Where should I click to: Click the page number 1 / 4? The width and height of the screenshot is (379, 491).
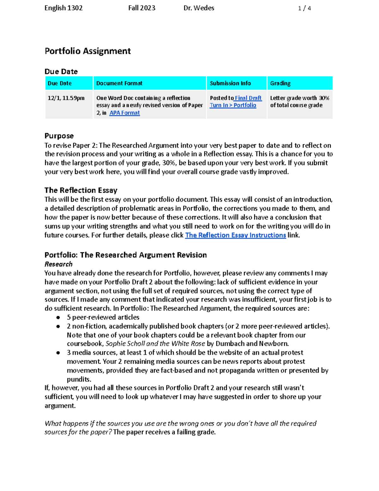(x=304, y=9)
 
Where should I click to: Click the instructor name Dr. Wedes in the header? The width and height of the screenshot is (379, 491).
(x=199, y=8)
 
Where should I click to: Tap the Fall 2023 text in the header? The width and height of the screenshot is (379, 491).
(x=142, y=8)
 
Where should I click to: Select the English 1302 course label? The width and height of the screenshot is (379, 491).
(x=63, y=8)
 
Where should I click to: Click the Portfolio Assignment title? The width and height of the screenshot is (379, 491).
(x=87, y=51)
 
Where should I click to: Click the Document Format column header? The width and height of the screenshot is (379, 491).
(x=119, y=83)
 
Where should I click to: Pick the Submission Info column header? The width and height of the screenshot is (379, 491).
(x=230, y=83)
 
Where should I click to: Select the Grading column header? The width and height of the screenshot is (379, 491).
(x=280, y=83)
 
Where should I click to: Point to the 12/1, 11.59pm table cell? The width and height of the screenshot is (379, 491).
(x=66, y=98)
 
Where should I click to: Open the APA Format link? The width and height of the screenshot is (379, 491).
(x=124, y=113)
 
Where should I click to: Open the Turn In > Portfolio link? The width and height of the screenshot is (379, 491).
(x=233, y=105)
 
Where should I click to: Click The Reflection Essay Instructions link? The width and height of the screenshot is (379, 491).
(x=235, y=235)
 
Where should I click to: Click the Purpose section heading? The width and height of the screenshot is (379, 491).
(x=59, y=136)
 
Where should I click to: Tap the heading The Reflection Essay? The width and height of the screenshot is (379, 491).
(x=81, y=190)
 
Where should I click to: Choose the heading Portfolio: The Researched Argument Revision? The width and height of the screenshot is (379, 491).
(x=125, y=255)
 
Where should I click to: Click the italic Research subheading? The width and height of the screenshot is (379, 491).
(x=58, y=264)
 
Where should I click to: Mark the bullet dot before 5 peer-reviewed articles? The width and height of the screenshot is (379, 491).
(x=58, y=317)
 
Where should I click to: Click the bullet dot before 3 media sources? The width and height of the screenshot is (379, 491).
(x=58, y=353)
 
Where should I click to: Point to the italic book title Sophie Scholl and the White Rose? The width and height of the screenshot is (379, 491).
(x=155, y=344)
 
